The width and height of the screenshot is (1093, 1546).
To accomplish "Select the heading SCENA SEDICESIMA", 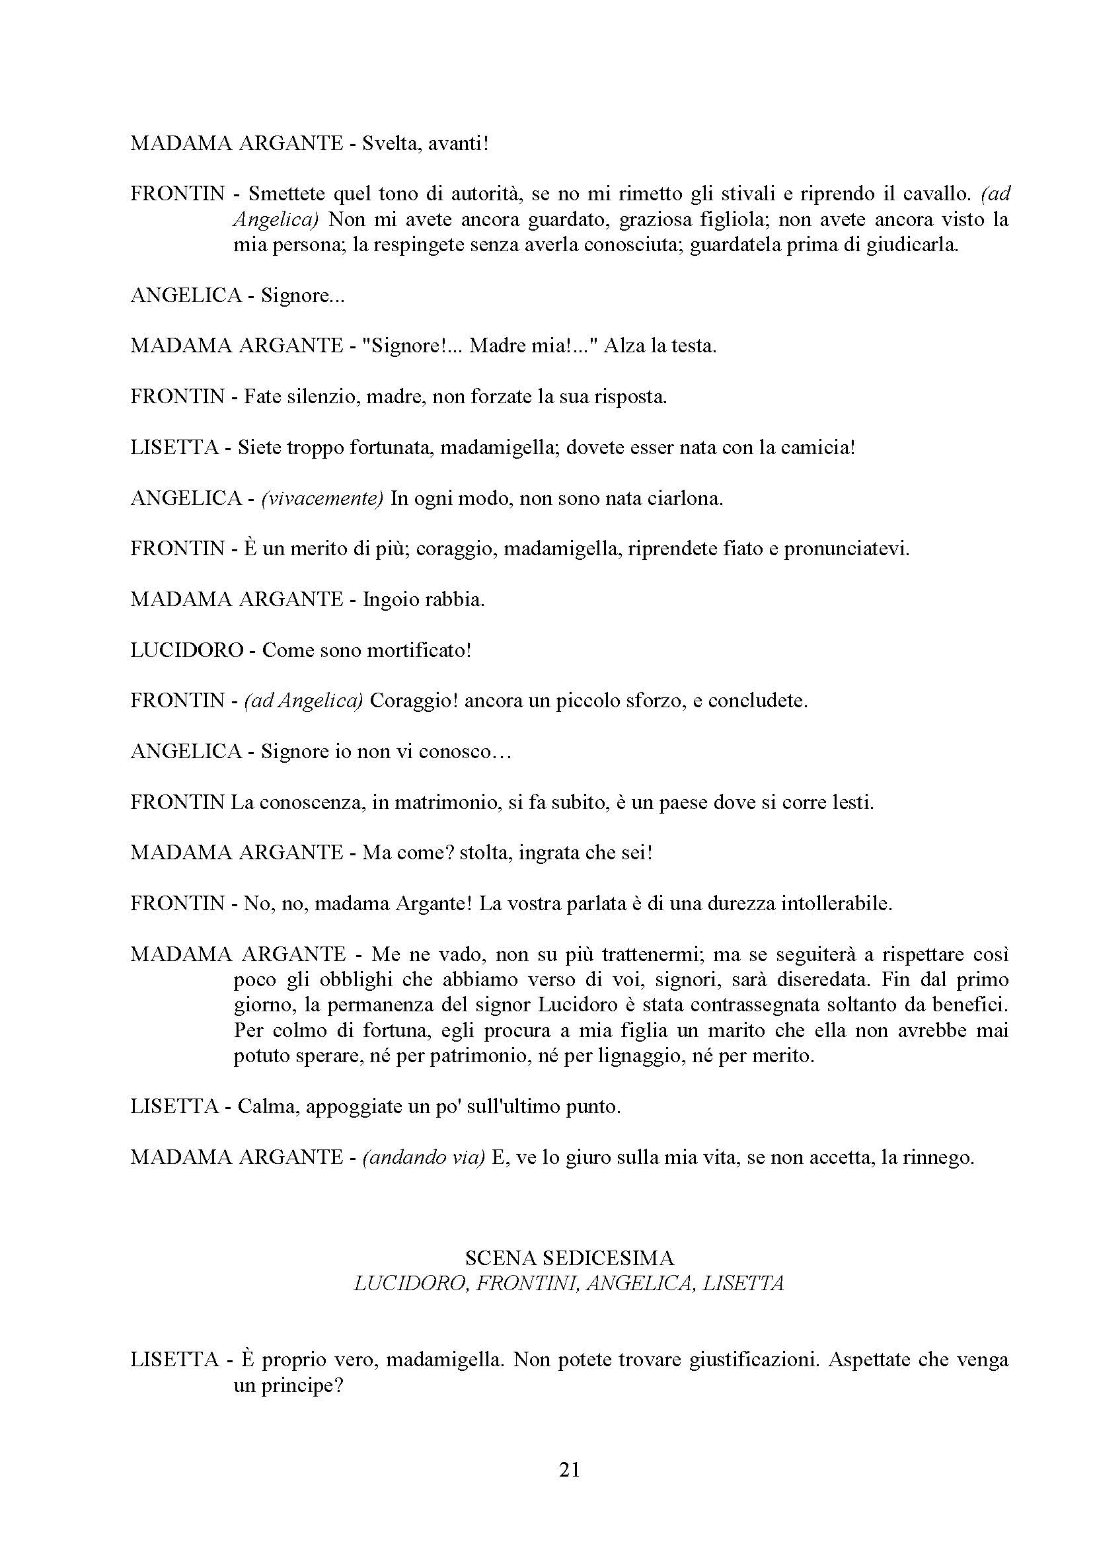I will point(569,1257).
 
